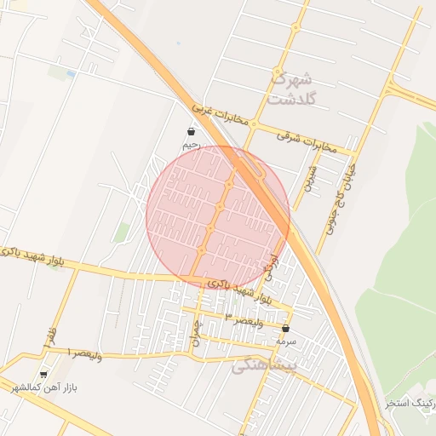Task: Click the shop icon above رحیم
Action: tap(191, 132)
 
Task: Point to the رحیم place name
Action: tap(191, 146)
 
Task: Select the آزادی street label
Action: tap(272, 266)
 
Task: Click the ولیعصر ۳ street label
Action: tap(241, 316)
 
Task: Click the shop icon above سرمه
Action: tap(285, 328)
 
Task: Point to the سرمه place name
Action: tap(285, 341)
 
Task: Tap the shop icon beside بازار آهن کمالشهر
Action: tap(43, 374)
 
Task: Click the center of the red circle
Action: tap(218, 217)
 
